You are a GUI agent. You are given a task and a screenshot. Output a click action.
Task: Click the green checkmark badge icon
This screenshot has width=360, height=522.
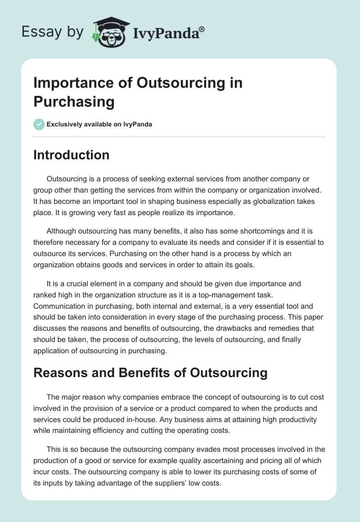point(39,124)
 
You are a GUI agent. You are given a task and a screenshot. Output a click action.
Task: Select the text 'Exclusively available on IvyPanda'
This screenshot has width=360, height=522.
point(99,124)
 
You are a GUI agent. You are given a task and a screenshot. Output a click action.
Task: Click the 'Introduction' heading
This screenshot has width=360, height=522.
point(72,155)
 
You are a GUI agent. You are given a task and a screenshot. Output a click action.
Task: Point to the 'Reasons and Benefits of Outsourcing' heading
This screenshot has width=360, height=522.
point(150,373)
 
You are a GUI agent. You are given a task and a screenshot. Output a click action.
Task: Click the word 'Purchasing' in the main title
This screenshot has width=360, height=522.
point(74,102)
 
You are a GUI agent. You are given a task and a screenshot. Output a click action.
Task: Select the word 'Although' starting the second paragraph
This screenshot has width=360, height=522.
point(61,231)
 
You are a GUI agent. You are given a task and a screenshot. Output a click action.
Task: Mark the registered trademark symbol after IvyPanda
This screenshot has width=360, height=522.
point(202,30)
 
